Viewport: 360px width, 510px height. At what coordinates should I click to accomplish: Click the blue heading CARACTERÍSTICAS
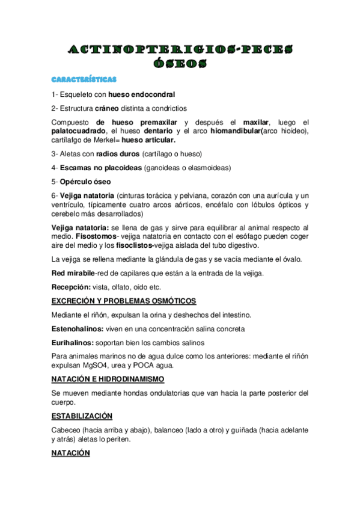84,79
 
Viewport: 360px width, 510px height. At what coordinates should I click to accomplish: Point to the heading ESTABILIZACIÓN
82,416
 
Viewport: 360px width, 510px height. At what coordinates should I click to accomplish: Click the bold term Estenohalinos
78,329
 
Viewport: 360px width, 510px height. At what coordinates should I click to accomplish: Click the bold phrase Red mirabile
73,273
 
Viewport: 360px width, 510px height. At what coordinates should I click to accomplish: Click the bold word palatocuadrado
78,131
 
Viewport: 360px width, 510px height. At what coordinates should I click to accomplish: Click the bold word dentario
178,131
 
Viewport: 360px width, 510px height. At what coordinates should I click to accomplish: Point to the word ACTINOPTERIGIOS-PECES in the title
179,49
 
